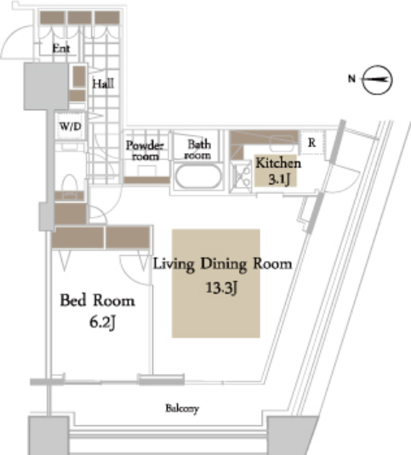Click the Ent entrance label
tap(61, 48)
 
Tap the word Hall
tap(103, 84)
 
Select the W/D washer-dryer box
tap(70, 127)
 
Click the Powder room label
tap(145, 151)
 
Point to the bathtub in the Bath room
tap(198, 176)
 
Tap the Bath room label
tap(198, 150)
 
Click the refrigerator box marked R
tap(312, 142)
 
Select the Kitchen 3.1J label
tap(278, 171)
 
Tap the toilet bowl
tap(70, 184)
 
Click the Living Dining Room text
tap(223, 264)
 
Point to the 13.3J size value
tap(221, 288)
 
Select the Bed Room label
tap(97, 300)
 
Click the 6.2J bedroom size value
tap(102, 322)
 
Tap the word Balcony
tap(182, 409)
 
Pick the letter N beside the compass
tap(351, 78)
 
